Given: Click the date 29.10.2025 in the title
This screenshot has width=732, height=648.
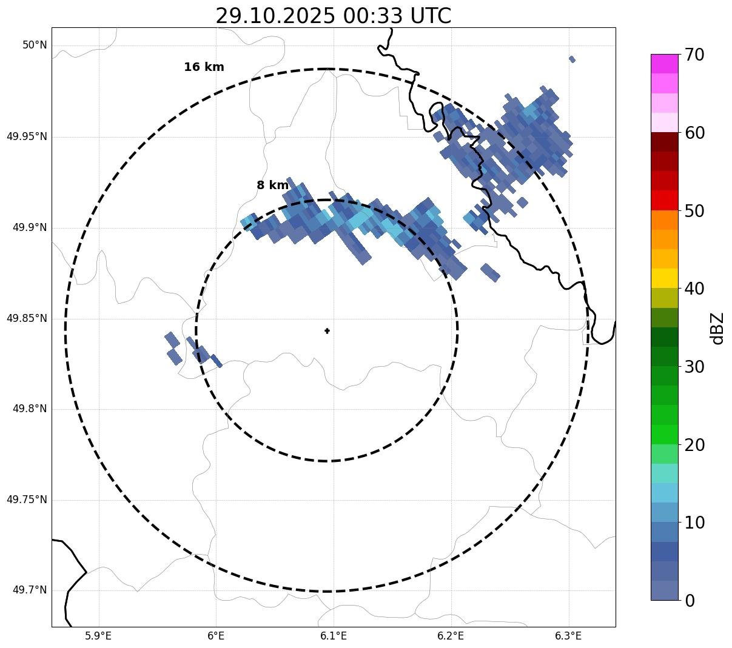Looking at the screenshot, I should click(x=275, y=16).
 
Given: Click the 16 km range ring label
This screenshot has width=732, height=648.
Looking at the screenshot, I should click(x=204, y=67).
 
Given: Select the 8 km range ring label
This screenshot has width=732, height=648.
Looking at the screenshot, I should click(x=272, y=185).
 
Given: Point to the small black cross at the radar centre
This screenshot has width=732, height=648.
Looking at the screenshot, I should click(x=327, y=331).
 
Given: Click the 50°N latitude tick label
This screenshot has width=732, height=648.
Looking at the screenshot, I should click(x=35, y=45).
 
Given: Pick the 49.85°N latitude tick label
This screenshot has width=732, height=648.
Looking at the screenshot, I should click(x=27, y=318).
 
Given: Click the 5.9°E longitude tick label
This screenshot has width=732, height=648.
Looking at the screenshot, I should click(x=98, y=636).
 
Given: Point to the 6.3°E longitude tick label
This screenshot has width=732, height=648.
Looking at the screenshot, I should click(x=568, y=636).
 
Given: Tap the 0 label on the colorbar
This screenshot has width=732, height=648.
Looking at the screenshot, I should click(x=691, y=601).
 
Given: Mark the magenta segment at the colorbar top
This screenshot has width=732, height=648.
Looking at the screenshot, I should click(x=664, y=64).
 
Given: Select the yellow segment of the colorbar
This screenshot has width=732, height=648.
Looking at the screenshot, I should click(x=664, y=278).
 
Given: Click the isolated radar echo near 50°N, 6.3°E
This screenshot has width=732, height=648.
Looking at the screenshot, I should click(x=572, y=59).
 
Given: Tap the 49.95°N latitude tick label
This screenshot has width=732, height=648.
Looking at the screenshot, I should click(x=27, y=136).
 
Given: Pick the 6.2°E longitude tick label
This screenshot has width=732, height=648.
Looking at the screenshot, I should click(x=451, y=636).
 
